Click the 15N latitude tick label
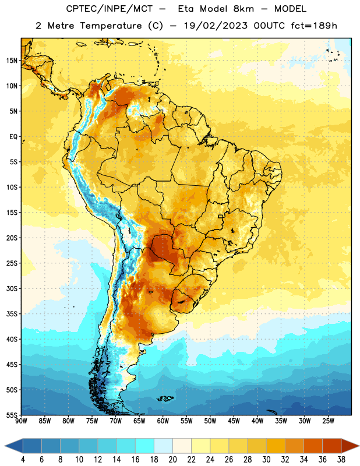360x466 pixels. click(12, 61)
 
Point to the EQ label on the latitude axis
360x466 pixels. click(13, 137)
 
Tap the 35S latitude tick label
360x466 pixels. click(12, 314)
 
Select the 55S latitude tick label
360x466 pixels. click(12, 415)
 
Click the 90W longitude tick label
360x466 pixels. click(21, 421)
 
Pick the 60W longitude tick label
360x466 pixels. click(163, 421)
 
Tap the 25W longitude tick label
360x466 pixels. click(328, 421)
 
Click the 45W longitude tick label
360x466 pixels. click(234, 421)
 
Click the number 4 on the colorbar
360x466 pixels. click(23, 460)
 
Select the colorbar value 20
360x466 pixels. click(172, 460)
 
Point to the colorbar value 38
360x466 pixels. click(341, 460)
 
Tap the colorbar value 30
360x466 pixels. click(266, 460)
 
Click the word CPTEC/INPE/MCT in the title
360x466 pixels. click(109, 9)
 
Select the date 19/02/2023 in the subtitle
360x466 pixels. click(216, 26)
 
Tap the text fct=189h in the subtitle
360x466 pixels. click(314, 26)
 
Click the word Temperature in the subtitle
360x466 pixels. click(111, 26)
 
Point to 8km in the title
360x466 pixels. click(243, 9)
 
